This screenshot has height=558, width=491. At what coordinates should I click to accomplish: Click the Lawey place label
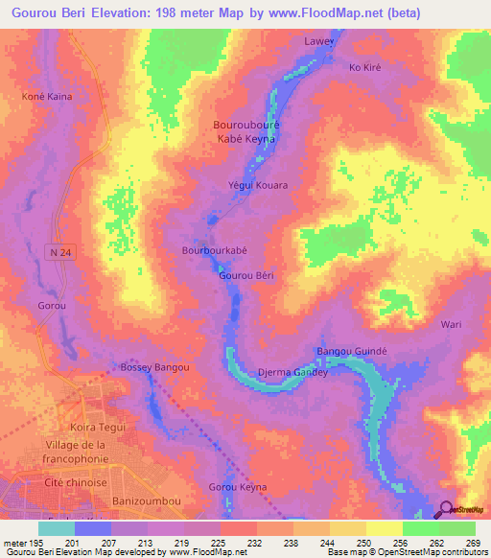point(347,42)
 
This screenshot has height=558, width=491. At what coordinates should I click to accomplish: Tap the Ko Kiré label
point(366,67)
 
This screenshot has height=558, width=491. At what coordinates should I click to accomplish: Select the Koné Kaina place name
point(48,97)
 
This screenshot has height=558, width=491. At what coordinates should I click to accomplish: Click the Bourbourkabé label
point(215,250)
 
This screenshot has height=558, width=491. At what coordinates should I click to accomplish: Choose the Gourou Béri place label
point(246,275)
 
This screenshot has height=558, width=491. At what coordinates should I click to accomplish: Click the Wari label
point(451,324)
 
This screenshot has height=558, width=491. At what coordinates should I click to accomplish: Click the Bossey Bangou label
point(154,367)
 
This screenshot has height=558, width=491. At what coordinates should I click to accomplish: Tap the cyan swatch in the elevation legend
point(57,528)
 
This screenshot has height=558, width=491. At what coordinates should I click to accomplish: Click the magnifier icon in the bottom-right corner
point(445,509)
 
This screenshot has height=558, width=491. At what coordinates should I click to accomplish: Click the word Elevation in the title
point(133,14)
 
